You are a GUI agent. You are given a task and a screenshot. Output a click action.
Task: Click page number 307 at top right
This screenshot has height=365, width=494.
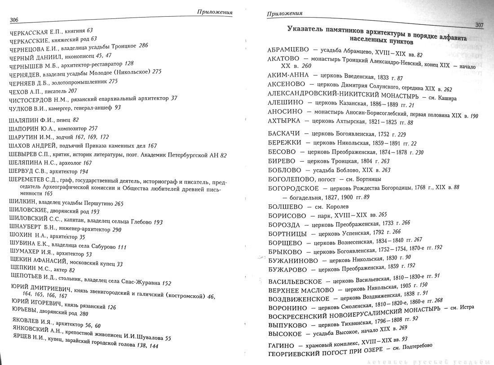[x=480, y=25]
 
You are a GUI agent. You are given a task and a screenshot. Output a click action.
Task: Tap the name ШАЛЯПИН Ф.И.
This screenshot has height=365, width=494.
[x=29, y=121]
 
